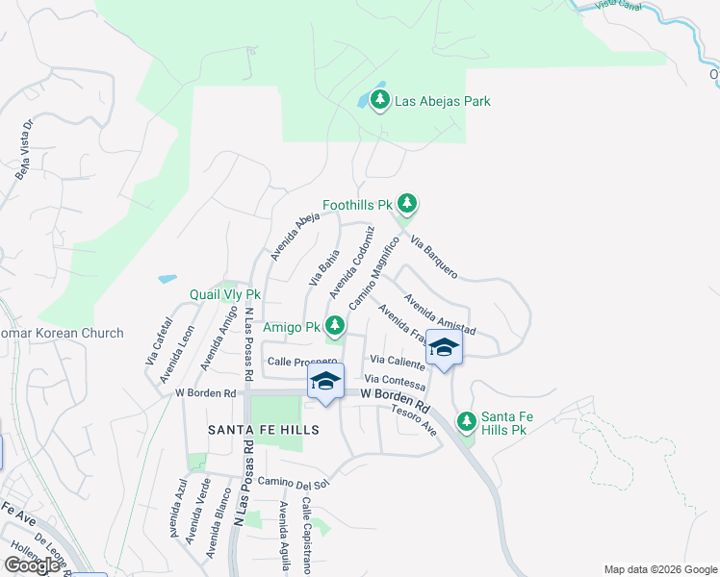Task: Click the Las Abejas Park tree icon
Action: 380,100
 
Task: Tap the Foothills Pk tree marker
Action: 408,203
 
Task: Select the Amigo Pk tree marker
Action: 335,325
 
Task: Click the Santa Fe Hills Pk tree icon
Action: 466,421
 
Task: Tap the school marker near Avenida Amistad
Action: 444,347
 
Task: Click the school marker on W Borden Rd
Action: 325,382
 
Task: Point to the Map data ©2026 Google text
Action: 659,568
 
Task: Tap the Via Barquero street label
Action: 433,257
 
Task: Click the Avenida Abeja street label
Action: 295,237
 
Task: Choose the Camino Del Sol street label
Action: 294,481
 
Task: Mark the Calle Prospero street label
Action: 302,362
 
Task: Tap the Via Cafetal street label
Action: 152,341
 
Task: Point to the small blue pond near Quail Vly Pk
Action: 167,279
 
